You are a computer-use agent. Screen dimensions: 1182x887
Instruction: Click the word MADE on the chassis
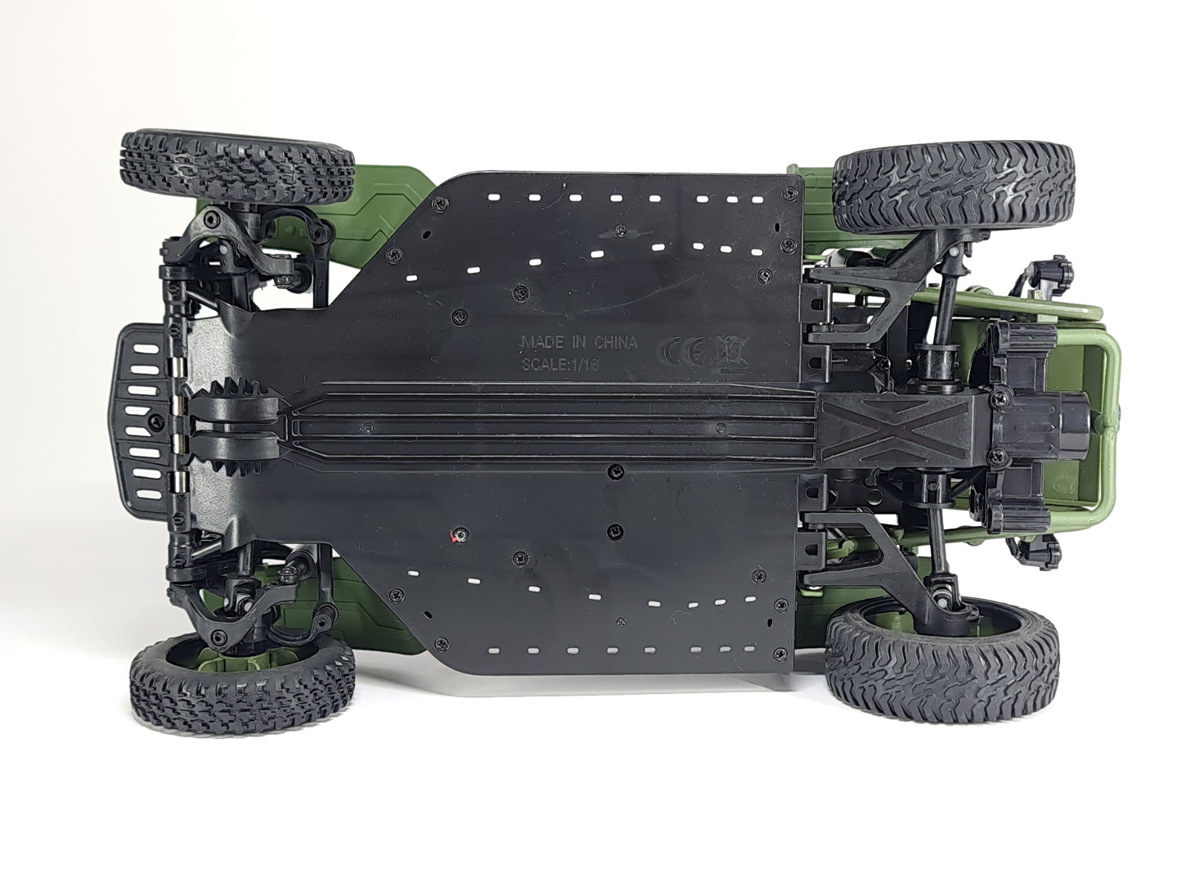coord(542,341)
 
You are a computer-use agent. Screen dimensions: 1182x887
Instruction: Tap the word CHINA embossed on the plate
coord(615,342)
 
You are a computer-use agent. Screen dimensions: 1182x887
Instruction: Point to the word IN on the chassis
coord(579,342)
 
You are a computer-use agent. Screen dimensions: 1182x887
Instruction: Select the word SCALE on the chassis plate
coord(543,364)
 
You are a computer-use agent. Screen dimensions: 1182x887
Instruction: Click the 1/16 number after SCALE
coord(584,365)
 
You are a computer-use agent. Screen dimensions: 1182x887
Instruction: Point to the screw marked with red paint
coord(460,535)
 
